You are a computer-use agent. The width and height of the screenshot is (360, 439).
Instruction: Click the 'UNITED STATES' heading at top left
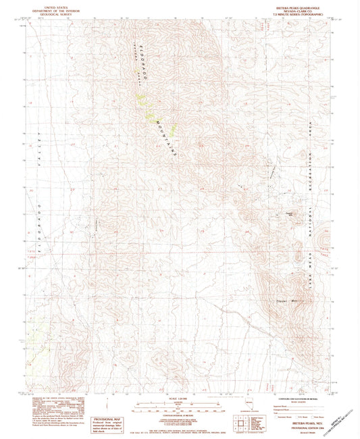coord(55,6)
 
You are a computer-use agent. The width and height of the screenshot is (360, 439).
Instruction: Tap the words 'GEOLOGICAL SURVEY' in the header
coord(55,14)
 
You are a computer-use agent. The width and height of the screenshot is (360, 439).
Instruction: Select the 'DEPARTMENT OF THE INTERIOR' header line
coord(55,10)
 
